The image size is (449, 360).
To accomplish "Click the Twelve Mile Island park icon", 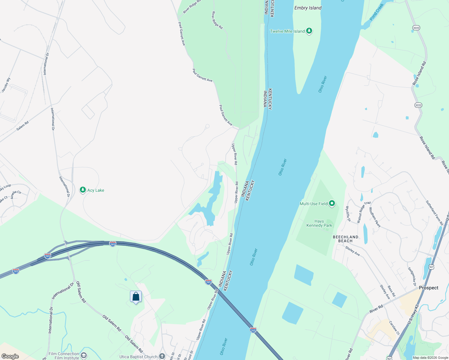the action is coord(309,31).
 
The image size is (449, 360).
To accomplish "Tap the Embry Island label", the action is coord(308,8).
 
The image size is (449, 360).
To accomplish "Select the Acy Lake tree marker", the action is coord(83,190).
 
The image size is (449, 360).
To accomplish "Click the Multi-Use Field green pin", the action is coord(332,204).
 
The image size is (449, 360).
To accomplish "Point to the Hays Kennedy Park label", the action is coord(319,223).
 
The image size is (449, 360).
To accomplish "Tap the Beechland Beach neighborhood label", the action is coord(345,239).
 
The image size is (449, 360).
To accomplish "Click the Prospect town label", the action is coord(428,288).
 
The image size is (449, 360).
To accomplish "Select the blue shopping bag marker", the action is coord(136,297).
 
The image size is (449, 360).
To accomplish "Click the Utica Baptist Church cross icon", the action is coord(162,356).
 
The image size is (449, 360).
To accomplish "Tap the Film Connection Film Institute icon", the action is coord(84,355).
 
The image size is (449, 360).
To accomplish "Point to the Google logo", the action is coord(10,356).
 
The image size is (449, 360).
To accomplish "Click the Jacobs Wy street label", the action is coord(6,85).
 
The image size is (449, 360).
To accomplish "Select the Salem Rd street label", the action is coord(23,125).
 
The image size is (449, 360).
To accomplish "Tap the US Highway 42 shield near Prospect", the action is coord(431,267).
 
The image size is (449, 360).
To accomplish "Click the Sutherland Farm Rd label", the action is coord(434,213).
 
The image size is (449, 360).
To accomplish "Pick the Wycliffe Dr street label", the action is coord(348,213).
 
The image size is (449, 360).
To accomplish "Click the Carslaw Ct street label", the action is coord(394,328).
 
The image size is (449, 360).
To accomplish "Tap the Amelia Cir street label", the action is coord(16,195).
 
